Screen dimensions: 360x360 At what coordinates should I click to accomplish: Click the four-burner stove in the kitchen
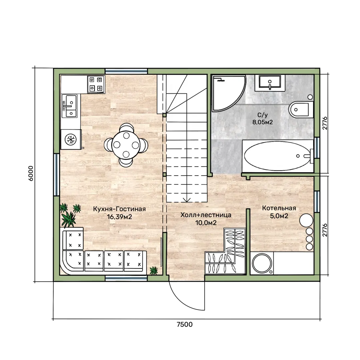96,84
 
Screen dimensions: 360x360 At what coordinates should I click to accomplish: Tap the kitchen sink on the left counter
69,106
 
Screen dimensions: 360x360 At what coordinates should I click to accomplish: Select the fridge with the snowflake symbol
71,139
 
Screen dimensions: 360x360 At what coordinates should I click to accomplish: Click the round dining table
126,145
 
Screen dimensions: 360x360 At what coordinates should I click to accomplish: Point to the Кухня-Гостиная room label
119,209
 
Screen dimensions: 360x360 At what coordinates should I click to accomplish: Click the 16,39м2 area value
119,217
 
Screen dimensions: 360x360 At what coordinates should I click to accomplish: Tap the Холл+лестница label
206,215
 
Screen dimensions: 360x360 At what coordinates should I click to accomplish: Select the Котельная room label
279,208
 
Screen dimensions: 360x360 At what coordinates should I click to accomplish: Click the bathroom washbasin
270,82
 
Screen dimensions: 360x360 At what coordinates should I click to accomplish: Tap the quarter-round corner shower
228,93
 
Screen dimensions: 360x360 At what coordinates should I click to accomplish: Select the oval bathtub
277,156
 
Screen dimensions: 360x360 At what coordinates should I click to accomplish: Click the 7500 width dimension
185,324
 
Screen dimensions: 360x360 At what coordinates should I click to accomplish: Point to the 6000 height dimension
31,174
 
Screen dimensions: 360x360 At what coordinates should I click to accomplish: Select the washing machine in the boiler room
262,263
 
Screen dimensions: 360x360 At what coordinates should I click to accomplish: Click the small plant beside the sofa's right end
154,270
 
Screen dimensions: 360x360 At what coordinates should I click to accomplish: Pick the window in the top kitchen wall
126,71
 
